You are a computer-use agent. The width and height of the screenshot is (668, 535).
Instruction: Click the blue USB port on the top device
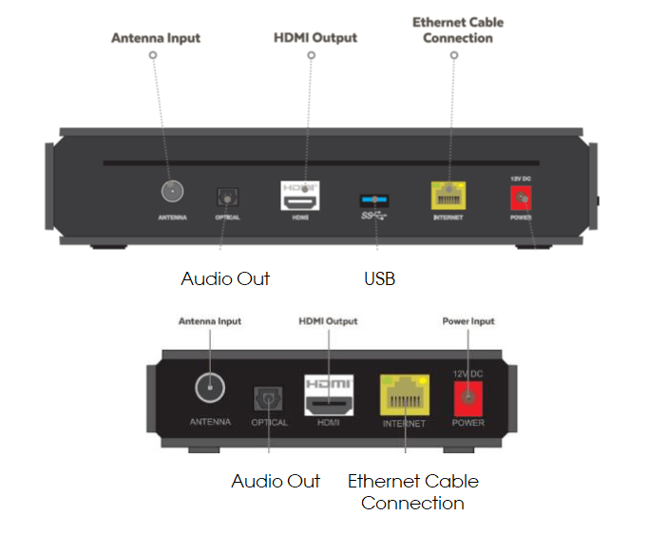point(374,201)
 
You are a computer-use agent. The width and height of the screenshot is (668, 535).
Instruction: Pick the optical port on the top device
point(227,198)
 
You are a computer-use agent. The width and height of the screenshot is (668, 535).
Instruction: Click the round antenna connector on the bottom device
point(210,388)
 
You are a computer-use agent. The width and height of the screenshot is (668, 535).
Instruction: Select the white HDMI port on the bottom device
point(328,393)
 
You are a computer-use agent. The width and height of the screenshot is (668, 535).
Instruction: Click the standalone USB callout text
point(379,279)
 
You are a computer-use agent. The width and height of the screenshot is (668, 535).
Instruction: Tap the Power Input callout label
point(468,322)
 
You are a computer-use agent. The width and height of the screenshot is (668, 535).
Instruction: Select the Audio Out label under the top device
point(225,279)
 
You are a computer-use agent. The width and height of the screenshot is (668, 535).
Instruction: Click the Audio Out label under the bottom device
point(276,481)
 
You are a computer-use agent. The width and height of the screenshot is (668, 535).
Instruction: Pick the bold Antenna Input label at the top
point(156,39)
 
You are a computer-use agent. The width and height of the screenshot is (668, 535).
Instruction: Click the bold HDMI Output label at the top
point(315,38)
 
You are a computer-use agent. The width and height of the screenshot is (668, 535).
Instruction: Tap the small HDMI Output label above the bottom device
point(328,322)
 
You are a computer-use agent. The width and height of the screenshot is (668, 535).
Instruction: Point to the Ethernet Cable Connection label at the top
point(458,30)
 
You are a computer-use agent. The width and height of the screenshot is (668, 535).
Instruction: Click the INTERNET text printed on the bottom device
point(404,424)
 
